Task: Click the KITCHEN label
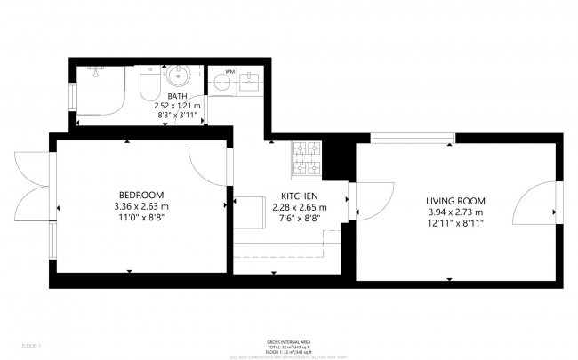point(298,196)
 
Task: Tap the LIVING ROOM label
point(454,200)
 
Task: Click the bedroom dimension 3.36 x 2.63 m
point(141,206)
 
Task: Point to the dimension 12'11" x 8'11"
point(454,223)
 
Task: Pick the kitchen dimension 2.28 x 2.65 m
point(299,207)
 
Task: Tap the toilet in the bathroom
point(149,84)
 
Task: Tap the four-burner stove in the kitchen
point(307,158)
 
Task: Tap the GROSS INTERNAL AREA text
point(288,341)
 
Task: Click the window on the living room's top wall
point(410,137)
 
